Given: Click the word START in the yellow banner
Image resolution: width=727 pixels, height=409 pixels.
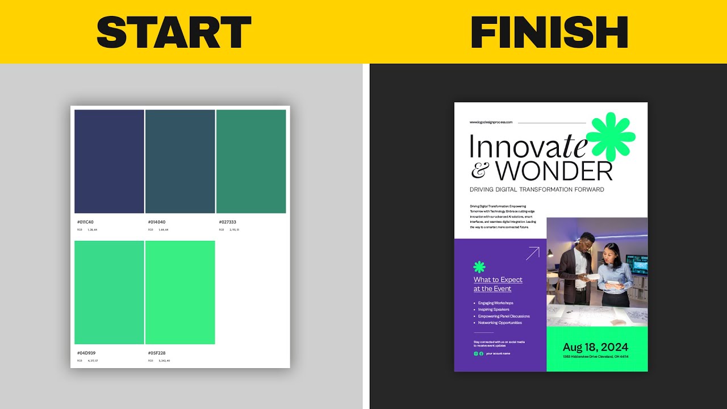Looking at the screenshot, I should pos(174,32).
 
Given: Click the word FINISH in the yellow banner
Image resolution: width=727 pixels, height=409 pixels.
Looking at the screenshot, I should pos(549,32).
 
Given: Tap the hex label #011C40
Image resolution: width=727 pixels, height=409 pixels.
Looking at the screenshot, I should pos(85,222).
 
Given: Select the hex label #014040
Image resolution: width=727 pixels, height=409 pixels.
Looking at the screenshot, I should pos(157,222).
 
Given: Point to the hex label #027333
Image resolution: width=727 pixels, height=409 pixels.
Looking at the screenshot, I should pos(228,222).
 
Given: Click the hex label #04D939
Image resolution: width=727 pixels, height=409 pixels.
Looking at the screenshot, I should pos(86,353).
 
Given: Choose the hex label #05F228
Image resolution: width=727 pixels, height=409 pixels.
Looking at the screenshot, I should pos(157,353).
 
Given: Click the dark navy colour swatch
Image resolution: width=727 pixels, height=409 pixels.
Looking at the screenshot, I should pos(109,161).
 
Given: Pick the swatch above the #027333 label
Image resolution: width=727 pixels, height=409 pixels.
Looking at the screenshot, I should pos(250,161).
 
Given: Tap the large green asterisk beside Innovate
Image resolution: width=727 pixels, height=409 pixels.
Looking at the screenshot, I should pos(611,137).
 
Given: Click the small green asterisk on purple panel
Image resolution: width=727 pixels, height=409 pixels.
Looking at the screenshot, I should pos(479,266).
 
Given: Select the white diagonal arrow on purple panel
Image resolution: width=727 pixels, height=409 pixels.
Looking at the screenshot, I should pos(532,253).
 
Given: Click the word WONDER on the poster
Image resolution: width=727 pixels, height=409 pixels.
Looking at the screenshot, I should pos(554,170).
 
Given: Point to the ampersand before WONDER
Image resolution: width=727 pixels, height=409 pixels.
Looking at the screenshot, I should pos(480,170).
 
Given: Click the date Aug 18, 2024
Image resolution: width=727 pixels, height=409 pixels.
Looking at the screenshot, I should pos(595,347).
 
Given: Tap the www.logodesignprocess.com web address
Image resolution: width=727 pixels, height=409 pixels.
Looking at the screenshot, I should pos(491,122).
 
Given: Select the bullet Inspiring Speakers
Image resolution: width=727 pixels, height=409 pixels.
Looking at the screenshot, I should pos(494,310).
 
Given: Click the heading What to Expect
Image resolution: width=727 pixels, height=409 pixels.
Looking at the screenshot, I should pos(498,279).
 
